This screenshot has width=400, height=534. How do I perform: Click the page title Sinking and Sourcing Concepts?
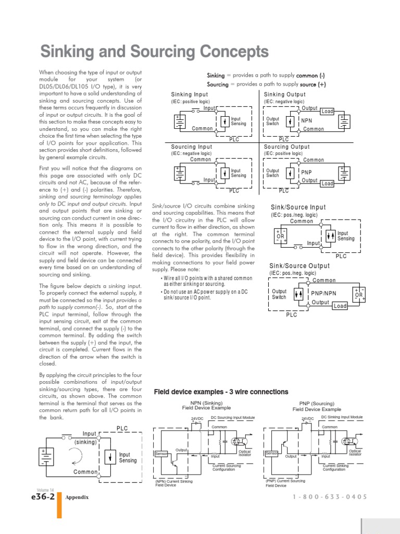tap(155, 53)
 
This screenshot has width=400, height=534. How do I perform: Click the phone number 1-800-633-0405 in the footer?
tap(330, 497)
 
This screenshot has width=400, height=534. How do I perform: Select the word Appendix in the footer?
tap(77, 497)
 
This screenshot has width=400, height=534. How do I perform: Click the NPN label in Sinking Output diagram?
tap(307, 120)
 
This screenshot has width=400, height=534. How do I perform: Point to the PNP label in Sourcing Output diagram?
tap(307, 172)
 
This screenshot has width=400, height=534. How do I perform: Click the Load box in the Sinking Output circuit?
tap(327, 112)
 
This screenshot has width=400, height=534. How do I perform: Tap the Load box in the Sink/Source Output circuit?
tap(340, 306)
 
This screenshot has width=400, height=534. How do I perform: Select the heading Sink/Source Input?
tap(298, 208)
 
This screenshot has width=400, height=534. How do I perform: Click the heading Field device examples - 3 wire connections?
tap(221, 392)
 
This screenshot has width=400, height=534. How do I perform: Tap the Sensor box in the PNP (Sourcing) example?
tap(272, 454)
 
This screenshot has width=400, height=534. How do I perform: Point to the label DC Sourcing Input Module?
tap(233, 417)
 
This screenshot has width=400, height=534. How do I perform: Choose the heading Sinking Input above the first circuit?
tap(190, 94)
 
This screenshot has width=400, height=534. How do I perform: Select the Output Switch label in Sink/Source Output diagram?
tap(279, 294)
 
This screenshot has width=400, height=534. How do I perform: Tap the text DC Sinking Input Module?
tap(342, 417)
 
